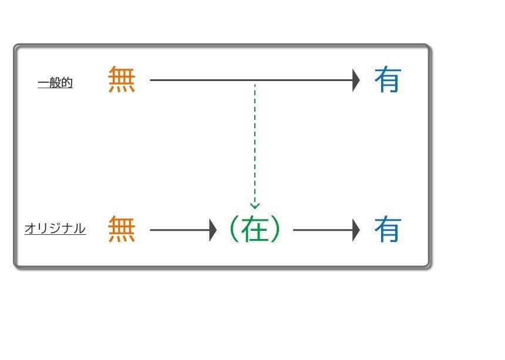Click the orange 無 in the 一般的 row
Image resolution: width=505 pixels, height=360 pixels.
(x=122, y=79)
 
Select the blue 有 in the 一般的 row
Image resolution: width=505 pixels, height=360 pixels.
(x=388, y=79)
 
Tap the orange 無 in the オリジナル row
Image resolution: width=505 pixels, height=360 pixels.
(x=122, y=230)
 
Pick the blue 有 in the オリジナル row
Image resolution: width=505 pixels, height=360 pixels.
(x=388, y=230)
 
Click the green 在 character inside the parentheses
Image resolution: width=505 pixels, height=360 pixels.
(x=254, y=230)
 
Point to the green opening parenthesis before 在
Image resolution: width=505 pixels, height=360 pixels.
(x=233, y=230)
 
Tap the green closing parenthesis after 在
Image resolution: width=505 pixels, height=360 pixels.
(x=276, y=230)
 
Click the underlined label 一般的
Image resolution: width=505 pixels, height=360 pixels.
(x=55, y=83)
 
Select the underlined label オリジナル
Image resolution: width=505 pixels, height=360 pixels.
(x=55, y=228)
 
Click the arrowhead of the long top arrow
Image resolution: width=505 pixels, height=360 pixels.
(x=356, y=79)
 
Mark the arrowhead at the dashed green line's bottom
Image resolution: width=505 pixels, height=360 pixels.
(x=255, y=206)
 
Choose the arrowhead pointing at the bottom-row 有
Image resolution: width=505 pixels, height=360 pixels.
(x=356, y=230)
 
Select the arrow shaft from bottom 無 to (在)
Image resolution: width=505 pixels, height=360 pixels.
(x=179, y=230)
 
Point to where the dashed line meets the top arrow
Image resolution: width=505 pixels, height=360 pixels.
(x=255, y=80)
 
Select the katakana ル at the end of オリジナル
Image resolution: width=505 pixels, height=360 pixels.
(x=80, y=228)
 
